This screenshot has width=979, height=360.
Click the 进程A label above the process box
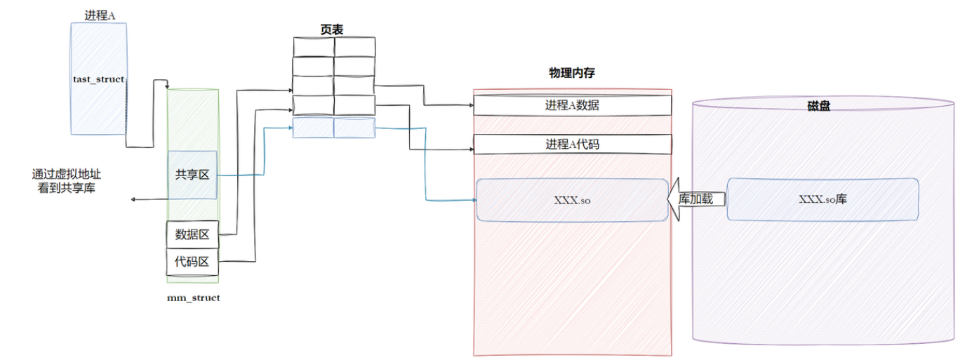pyautogui.click(x=100, y=15)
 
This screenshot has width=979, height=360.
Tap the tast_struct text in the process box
pyautogui.click(x=99, y=79)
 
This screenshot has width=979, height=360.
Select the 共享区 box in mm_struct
pyautogui.click(x=192, y=175)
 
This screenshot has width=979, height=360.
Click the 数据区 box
pyautogui.click(x=192, y=234)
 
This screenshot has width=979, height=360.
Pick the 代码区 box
pyautogui.click(x=192, y=262)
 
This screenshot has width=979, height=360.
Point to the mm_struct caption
pyautogui.click(x=193, y=298)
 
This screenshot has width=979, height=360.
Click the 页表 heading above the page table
pyautogui.click(x=333, y=29)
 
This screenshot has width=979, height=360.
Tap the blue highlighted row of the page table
pyautogui.click(x=334, y=128)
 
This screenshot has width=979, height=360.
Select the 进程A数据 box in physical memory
pyautogui.click(x=572, y=105)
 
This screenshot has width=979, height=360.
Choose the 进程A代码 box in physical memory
pyautogui.click(x=572, y=145)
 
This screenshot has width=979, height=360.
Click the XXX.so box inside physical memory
pyautogui.click(x=572, y=200)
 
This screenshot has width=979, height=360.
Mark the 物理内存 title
pyautogui.click(x=572, y=73)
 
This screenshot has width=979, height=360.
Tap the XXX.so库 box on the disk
pyautogui.click(x=823, y=199)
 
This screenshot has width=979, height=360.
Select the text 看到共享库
pyautogui.click(x=67, y=188)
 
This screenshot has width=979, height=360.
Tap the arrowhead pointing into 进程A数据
pyautogui.click(x=471, y=105)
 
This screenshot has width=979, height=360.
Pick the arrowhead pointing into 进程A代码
pyautogui.click(x=471, y=149)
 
